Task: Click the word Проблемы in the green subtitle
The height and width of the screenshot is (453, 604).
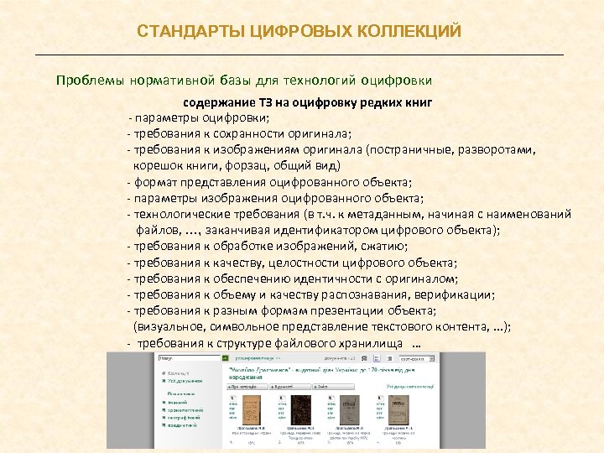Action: pyautogui.click(x=88, y=81)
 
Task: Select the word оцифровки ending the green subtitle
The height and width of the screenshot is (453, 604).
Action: pyautogui.click(x=396, y=81)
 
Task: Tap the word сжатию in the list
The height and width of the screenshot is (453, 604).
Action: pyautogui.click(x=383, y=245)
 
